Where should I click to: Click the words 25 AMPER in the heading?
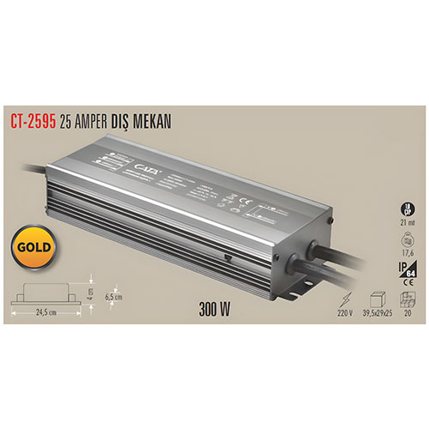click(x=86, y=123)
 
